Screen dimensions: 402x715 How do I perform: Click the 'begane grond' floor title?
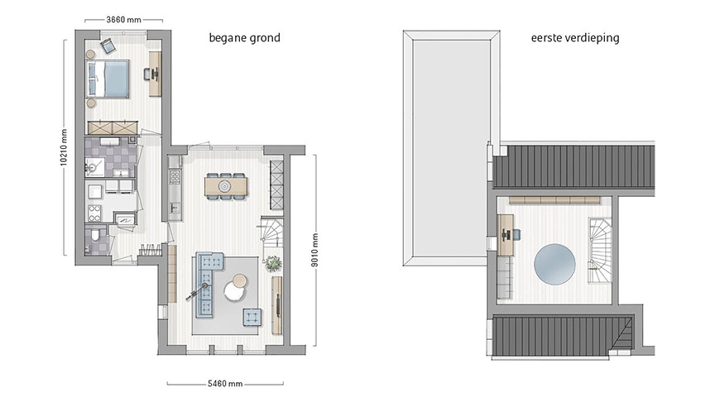(x=244, y=38)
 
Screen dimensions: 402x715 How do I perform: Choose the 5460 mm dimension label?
(x=224, y=384)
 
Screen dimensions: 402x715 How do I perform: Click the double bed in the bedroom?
(x=108, y=79)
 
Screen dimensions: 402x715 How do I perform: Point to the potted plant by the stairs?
(x=272, y=264)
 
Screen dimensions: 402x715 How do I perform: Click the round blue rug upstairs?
(x=554, y=264)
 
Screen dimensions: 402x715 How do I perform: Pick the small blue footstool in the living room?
(x=252, y=318)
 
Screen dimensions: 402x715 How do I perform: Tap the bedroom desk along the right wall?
(x=155, y=74)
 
